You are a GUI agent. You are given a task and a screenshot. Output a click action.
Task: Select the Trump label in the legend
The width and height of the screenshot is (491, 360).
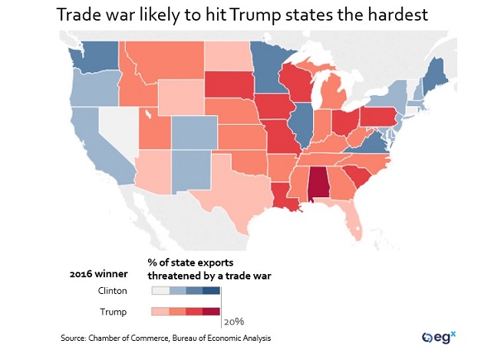pyautogui.click(x=115, y=312)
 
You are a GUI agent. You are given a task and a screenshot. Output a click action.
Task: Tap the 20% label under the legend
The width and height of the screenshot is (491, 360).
pyautogui.click(x=235, y=321)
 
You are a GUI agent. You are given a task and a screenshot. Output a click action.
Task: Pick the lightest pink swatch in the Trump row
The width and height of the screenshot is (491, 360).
pyautogui.click(x=160, y=312)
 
